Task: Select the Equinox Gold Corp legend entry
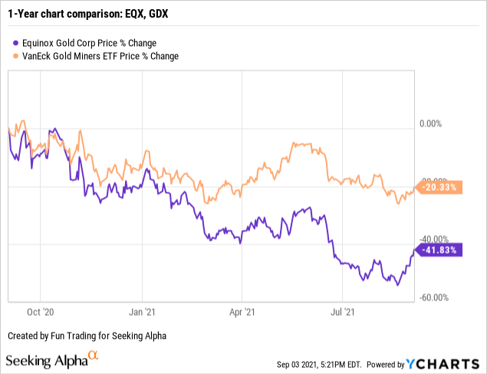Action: click(x=94, y=43)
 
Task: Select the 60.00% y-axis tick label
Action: click(x=436, y=298)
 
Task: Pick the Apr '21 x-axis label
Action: click(x=242, y=313)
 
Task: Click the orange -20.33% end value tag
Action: click(x=440, y=186)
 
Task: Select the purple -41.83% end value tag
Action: click(x=440, y=249)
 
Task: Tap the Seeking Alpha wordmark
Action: click(x=45, y=360)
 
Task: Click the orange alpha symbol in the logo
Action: click(x=93, y=356)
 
